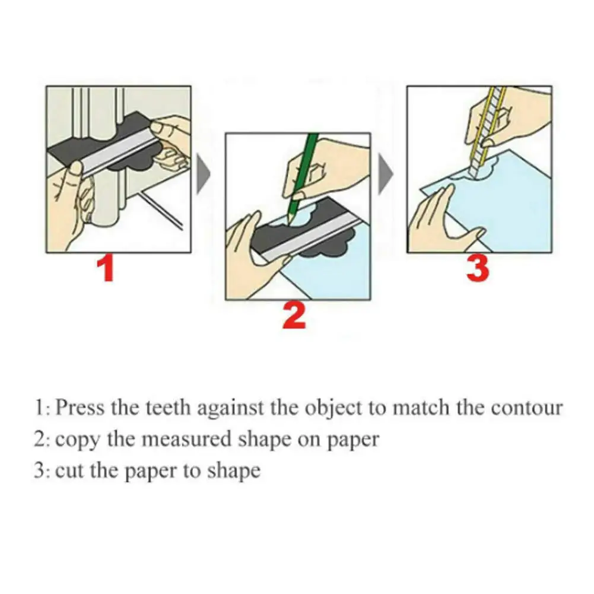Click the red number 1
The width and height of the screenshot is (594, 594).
(106, 268)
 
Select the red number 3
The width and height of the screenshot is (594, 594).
(477, 268)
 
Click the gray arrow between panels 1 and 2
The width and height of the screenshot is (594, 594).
(204, 174)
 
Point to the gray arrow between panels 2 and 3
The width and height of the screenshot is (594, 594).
(386, 174)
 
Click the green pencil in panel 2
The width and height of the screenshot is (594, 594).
(301, 177)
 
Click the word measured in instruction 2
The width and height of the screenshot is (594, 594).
(185, 440)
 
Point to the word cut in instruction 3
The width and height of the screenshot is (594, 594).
(69, 472)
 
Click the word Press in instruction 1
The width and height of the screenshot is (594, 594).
(80, 408)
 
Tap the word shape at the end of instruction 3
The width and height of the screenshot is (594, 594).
(233, 472)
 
